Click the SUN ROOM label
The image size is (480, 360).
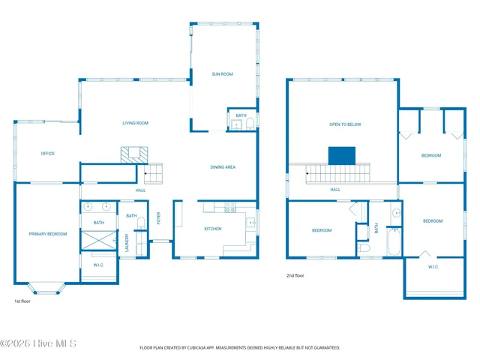click(x=224, y=73)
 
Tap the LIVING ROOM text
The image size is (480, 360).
click(x=136, y=123)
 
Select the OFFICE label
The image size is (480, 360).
click(x=47, y=154)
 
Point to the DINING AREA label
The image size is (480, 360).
click(x=223, y=167)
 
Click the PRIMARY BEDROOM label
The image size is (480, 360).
click(x=48, y=234)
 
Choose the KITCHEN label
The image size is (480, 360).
click(x=213, y=228)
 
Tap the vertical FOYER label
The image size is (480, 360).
click(x=158, y=218)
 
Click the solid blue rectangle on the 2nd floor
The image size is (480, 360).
click(x=342, y=155)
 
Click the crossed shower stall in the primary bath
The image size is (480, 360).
click(x=99, y=241)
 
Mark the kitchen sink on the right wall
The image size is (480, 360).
click(x=250, y=222)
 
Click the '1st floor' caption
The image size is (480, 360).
click(x=22, y=301)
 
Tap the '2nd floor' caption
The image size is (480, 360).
click(x=295, y=275)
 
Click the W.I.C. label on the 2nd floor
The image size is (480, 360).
click(x=433, y=267)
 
